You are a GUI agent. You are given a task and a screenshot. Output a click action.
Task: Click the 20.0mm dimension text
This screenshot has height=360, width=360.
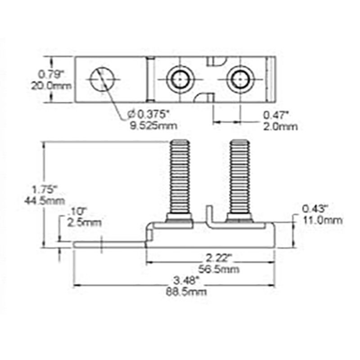click(51, 84)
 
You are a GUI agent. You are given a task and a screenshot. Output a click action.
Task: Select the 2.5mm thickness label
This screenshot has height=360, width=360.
click(84, 222)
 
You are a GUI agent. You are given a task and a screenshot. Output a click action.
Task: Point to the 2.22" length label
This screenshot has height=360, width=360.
click(218, 258)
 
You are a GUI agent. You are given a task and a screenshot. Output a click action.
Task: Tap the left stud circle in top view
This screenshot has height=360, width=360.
click(180, 79)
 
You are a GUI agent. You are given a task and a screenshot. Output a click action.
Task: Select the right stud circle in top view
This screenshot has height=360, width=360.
click(239, 79)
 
